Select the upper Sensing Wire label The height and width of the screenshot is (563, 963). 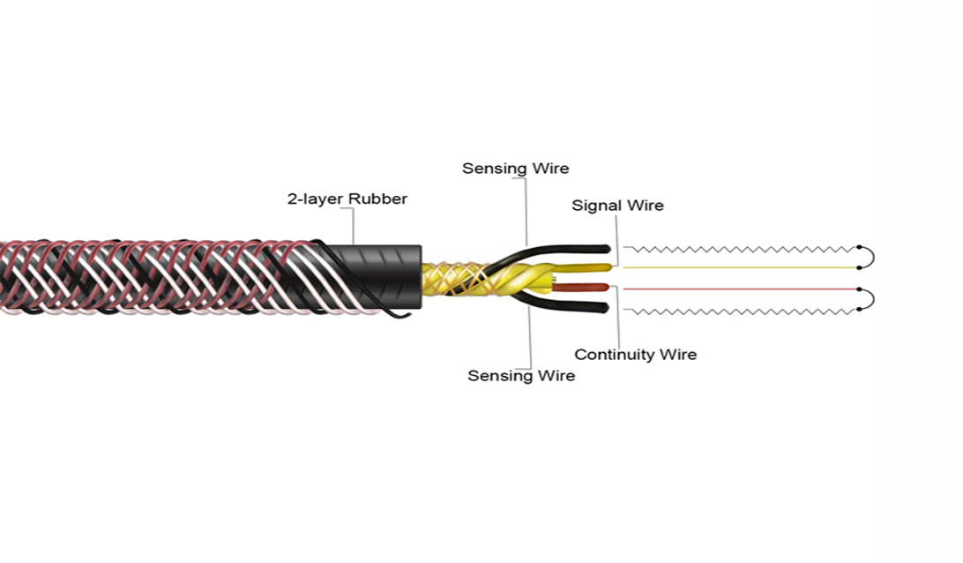(515, 169)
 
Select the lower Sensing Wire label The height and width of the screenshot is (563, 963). (521, 376)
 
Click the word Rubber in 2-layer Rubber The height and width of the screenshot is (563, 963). (377, 199)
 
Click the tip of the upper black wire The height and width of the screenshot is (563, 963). (608, 249)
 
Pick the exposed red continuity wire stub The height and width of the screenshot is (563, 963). (582, 287)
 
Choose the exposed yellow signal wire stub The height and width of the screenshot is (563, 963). (584, 268)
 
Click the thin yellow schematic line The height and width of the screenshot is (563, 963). (741, 267)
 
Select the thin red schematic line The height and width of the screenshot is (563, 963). (741, 289)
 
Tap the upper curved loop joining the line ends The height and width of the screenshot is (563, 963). (873, 257)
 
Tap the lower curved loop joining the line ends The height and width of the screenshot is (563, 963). (873, 299)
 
